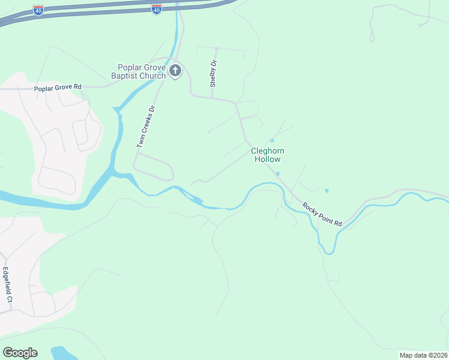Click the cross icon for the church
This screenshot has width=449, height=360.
(175, 71)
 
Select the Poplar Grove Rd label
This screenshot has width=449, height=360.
(58, 88)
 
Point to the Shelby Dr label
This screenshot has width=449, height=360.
(212, 74)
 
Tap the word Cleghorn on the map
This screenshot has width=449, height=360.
(267, 151)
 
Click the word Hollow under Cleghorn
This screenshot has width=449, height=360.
(267, 160)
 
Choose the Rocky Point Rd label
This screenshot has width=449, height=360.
(322, 215)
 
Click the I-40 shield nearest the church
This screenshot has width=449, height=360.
(156, 9)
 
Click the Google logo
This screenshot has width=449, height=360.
(20, 353)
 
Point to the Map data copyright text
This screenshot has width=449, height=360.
(424, 355)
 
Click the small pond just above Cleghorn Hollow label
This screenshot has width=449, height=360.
(271, 141)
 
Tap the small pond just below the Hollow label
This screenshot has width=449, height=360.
(277, 174)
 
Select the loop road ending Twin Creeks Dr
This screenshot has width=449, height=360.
(154, 166)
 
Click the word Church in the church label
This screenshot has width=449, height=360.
(154, 76)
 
